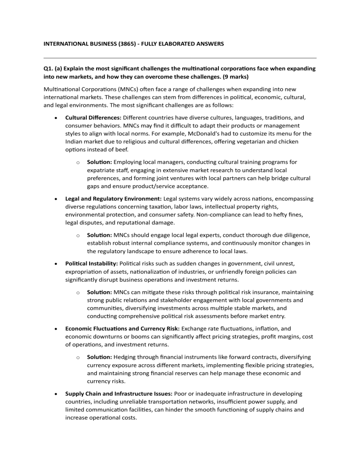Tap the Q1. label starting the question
(49, 68)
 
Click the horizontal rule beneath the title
(180, 58)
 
